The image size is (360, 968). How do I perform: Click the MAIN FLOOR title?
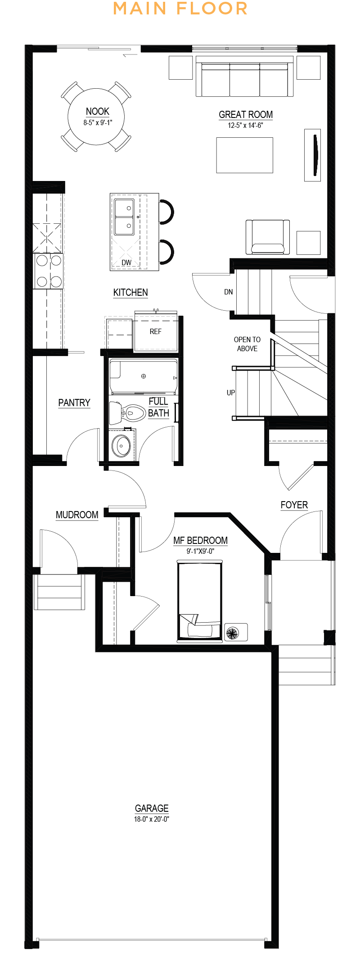coord(180,9)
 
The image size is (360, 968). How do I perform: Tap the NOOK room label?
coord(98,112)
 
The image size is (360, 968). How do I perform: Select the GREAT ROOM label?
coord(246,115)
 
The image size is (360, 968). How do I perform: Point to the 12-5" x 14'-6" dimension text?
coord(245,126)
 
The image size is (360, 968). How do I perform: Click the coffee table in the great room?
coord(244,155)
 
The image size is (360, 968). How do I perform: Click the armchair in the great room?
coord(267,237)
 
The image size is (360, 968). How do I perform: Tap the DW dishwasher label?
coord(126,262)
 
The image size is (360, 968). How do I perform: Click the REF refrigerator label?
coord(155,331)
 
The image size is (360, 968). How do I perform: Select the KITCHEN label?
coord(130,293)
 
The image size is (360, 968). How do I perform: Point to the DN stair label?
coord(229,292)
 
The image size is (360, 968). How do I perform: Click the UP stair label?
coord(231,393)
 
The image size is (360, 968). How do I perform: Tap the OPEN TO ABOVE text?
coord(247,344)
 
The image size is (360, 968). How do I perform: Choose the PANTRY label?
coord(74,403)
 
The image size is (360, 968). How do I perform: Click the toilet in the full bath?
coord(128,412)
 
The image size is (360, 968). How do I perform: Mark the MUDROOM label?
coord(77,515)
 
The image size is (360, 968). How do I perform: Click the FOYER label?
coord(294,505)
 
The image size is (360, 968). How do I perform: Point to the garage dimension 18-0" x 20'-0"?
coord(152,819)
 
